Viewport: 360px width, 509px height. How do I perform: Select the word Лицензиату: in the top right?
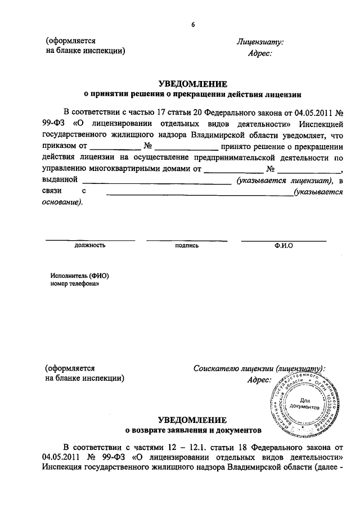coord(260,42)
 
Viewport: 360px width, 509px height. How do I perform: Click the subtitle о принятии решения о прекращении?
coord(193,94)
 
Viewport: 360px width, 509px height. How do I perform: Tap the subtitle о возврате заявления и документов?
coord(193,431)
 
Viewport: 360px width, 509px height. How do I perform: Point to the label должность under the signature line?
coord(89,246)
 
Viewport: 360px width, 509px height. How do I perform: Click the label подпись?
coord(187,246)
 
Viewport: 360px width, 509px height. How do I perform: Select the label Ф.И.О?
coord(283,246)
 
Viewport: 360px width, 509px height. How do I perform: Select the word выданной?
coord(59,181)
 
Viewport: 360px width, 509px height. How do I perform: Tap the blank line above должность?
coord(89,240)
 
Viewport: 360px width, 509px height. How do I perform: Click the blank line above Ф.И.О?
coord(283,240)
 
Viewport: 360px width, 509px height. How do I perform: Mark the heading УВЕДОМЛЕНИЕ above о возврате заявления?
coord(193,420)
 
